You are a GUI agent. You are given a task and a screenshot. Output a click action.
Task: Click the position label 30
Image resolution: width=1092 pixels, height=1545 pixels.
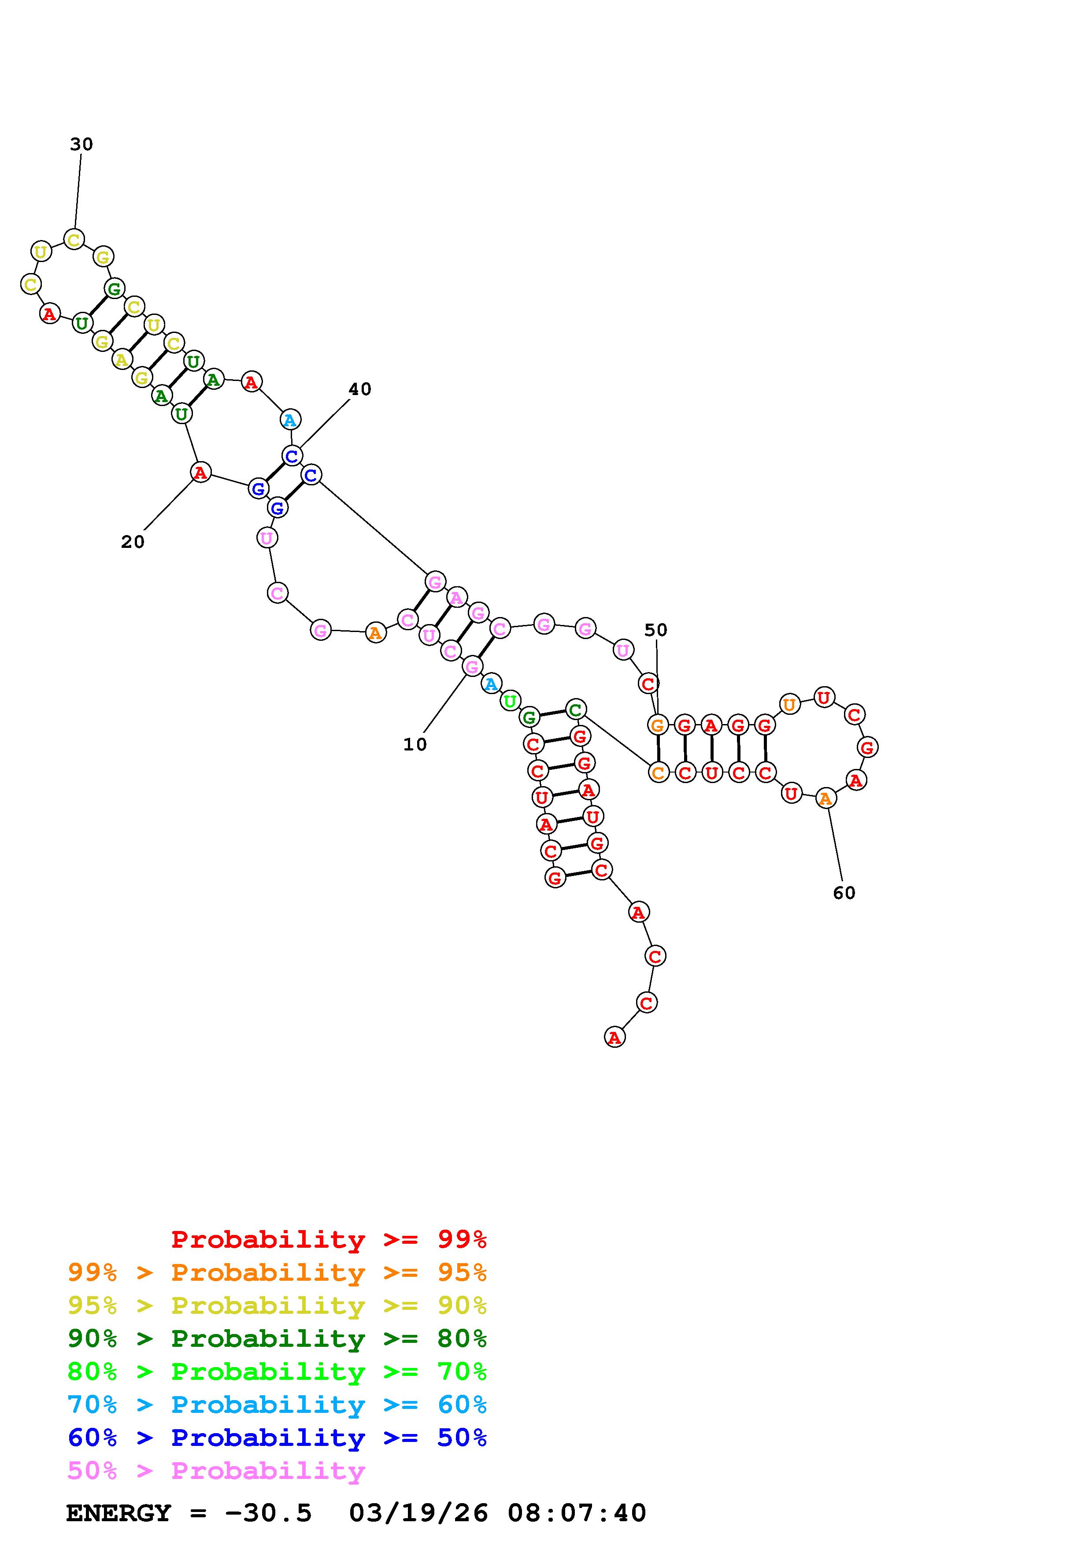click(81, 144)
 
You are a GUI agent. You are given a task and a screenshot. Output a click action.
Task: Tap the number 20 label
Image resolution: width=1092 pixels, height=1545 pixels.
click(133, 542)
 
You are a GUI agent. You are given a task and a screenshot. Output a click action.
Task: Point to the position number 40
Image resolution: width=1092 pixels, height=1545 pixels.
click(360, 389)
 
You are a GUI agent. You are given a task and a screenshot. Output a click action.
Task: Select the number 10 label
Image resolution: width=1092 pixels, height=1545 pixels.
click(415, 744)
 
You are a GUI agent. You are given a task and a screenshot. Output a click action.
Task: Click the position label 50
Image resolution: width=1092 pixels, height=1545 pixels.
click(656, 630)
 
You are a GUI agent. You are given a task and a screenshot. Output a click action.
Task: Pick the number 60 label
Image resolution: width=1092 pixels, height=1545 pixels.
click(844, 893)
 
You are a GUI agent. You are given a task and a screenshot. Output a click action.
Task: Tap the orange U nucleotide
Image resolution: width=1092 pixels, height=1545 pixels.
click(789, 705)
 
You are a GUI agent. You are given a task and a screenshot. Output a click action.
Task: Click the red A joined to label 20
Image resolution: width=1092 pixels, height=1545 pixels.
click(200, 473)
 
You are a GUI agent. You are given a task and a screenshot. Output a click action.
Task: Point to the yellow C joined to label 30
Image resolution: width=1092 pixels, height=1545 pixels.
click(74, 239)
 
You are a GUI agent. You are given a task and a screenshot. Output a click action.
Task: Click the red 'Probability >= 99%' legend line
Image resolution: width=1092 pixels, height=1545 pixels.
click(329, 1239)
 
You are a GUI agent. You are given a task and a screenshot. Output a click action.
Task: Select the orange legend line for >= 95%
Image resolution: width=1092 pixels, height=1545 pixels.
click(277, 1272)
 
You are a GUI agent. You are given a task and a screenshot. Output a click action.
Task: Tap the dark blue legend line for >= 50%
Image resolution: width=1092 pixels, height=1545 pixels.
click(277, 1438)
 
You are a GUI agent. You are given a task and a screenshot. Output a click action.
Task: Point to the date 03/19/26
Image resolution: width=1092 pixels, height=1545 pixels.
click(418, 1513)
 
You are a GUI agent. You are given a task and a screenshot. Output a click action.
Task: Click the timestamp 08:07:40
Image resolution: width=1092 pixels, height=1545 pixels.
click(577, 1513)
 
